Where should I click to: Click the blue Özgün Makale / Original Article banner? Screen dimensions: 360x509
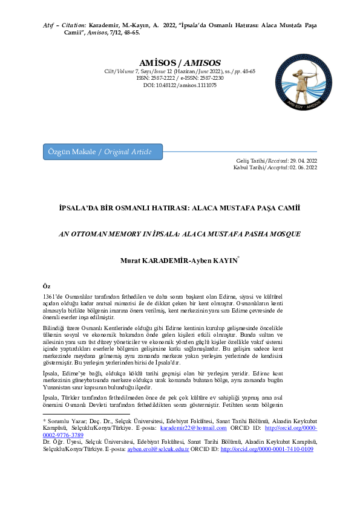click(x=102, y=152)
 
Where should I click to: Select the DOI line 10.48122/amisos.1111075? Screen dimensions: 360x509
click(x=180, y=85)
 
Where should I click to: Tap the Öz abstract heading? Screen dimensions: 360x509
click(x=47, y=285)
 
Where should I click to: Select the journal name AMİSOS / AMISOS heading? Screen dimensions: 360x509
click(x=180, y=62)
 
